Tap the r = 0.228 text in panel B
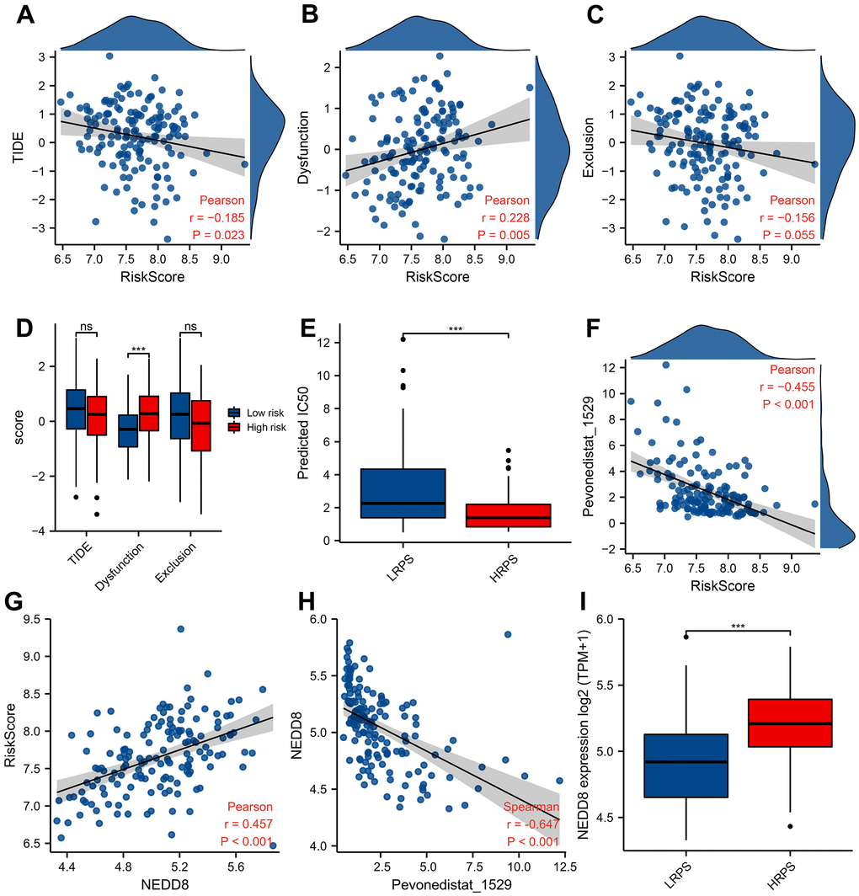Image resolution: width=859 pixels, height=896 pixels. coord(504,218)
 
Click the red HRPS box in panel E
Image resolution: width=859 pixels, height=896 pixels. coord(508,515)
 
